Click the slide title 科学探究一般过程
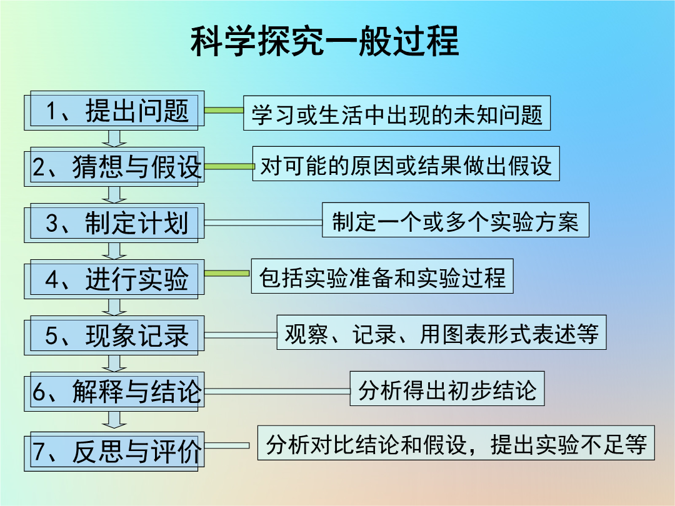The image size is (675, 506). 325,41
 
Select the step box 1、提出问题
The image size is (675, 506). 114,111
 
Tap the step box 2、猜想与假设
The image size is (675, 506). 114,167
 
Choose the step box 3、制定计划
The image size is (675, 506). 114,223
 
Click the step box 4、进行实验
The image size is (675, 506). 114,279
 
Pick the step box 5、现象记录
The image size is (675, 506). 114,335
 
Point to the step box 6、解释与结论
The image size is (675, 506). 114,392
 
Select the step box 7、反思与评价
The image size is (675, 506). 114,452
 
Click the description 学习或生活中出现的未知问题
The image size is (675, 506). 396,113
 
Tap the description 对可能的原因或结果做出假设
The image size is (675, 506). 406,164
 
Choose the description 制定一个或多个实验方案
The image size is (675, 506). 456,220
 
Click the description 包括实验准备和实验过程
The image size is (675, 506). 382,276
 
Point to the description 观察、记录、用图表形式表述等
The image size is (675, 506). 441,332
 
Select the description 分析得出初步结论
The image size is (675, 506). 447,389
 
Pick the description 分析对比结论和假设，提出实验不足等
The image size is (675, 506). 456,443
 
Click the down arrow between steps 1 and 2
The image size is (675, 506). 114,139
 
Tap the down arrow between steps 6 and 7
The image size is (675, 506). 114,420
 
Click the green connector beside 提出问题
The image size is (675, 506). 224,111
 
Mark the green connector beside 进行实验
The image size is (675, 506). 227,274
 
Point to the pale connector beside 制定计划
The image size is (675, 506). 263,222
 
